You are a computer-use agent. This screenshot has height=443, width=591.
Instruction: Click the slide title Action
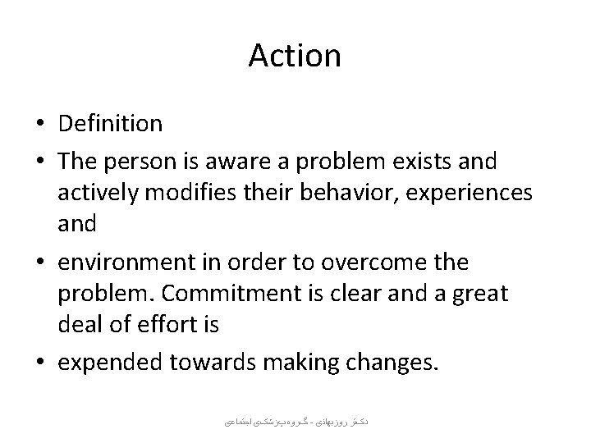tap(294, 56)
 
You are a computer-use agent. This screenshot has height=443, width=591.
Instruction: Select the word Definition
tap(111, 124)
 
